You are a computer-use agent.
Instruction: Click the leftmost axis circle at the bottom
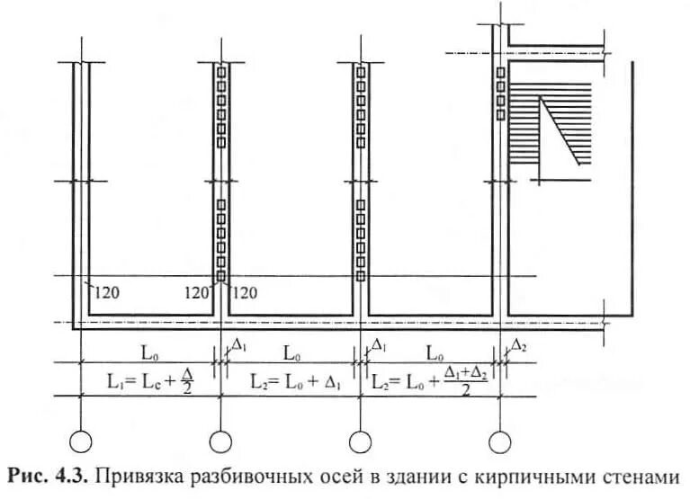(81, 441)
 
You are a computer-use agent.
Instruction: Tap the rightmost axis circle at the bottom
(500, 441)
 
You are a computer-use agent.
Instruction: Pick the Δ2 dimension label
(518, 345)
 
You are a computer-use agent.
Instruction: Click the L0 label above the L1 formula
(147, 351)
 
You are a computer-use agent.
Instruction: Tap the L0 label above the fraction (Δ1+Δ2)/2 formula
(435, 351)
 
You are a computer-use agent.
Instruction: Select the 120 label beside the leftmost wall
(104, 291)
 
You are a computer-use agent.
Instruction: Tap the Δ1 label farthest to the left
(238, 345)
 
